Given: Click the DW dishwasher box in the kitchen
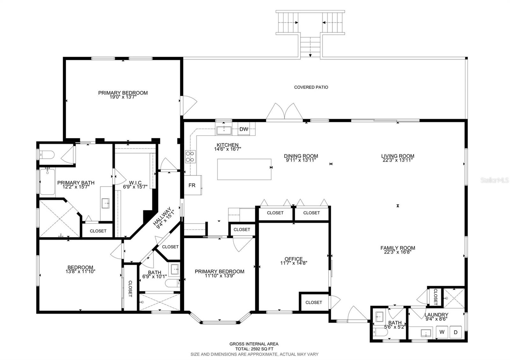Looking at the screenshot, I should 244,129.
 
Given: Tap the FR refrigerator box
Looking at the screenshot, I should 192,185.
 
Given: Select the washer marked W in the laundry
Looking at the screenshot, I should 442,332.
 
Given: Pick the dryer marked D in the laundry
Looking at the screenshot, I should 456,332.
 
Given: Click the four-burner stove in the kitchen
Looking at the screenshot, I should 190,157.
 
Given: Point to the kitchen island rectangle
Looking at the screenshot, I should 244,169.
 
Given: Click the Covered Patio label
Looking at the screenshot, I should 311,87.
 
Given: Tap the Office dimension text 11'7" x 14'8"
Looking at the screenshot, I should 294,263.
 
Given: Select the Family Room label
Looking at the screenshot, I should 398,248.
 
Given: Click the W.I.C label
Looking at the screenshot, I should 135,183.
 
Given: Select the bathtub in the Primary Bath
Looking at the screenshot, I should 47,182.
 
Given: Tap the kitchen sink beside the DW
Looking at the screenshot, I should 224,130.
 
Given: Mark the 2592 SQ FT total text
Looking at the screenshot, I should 254,349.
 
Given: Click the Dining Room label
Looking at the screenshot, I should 301,156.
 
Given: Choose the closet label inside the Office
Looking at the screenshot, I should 314,302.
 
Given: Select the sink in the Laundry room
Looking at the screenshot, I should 426,333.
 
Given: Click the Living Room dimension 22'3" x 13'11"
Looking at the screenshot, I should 398,160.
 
